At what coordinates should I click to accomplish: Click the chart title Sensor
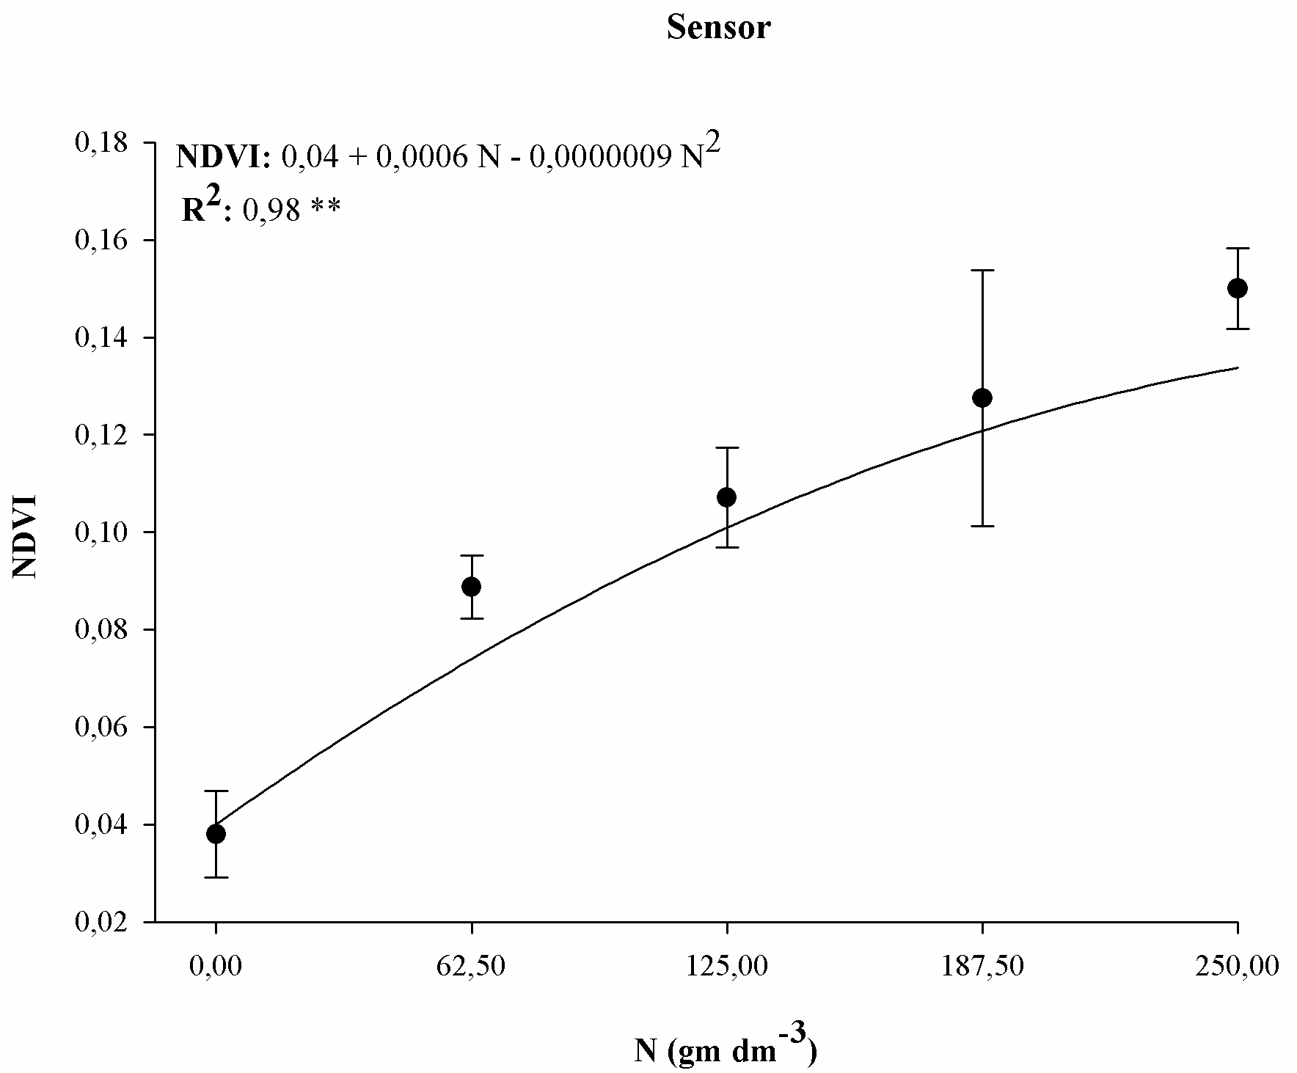718,29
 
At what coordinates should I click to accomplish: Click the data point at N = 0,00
216,834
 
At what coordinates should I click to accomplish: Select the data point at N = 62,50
471,587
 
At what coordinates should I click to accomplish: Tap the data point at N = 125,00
726,497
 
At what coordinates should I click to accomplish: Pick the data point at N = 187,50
982,398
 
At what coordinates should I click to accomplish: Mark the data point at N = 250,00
1237,288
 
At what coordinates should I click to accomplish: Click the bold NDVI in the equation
222,158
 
